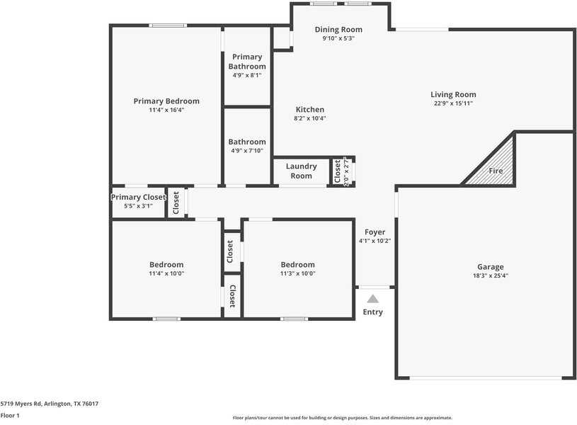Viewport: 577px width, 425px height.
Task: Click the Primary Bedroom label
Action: pyautogui.click(x=166, y=101)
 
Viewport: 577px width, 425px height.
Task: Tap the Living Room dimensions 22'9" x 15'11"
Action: pyautogui.click(x=453, y=103)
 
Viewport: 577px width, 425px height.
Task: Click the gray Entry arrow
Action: pyautogui.click(x=372, y=299)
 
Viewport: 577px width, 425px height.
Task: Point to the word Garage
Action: pyautogui.click(x=490, y=267)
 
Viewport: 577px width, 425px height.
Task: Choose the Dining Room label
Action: pyautogui.click(x=338, y=30)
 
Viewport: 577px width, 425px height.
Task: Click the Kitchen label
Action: pyautogui.click(x=310, y=110)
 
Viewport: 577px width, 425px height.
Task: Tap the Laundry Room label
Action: pyautogui.click(x=302, y=171)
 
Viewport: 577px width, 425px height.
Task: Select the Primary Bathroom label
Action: pyautogui.click(x=247, y=62)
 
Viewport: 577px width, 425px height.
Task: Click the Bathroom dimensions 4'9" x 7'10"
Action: pyautogui.click(x=247, y=150)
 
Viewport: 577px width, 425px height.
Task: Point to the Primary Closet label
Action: pyautogui.click(x=139, y=197)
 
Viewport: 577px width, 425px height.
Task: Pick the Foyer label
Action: pyautogui.click(x=375, y=232)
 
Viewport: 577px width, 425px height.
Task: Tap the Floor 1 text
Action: pyautogui.click(x=10, y=415)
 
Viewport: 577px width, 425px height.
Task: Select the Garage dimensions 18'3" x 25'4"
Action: pyautogui.click(x=490, y=276)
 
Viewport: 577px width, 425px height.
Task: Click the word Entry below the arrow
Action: pyautogui.click(x=373, y=312)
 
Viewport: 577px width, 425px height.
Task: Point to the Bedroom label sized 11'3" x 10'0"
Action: pyautogui.click(x=298, y=265)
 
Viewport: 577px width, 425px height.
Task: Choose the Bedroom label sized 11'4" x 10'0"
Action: pyautogui.click(x=166, y=265)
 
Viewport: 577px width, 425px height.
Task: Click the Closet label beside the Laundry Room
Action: pyautogui.click(x=338, y=171)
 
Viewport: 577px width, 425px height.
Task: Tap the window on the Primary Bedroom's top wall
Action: pyautogui.click(x=168, y=25)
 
